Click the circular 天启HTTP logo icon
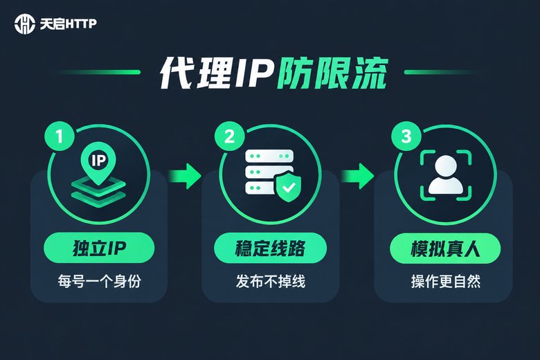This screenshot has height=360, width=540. tap(25, 24)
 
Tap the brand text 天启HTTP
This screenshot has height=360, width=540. tap(68, 24)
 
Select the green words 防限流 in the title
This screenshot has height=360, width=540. tap(333, 73)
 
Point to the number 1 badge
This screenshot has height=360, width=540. tap(60, 136)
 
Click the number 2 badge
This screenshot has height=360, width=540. tap(229, 136)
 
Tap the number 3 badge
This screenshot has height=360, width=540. tap(406, 136)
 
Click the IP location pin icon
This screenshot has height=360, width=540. tap(98, 163)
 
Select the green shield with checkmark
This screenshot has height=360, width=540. tap(289, 188)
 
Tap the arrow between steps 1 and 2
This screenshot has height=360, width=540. tap(185, 176)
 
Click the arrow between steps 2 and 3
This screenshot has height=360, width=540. tap(357, 176)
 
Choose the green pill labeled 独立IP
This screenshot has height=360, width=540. tap(99, 248)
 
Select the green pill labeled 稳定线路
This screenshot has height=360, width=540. tap(270, 248)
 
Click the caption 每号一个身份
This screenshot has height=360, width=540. tap(99, 282)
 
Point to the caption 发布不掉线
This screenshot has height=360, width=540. tap(270, 282)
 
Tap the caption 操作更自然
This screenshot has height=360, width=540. tap(446, 282)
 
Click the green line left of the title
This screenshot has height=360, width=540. tap(97, 72)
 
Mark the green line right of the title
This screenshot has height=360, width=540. tap(445, 72)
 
